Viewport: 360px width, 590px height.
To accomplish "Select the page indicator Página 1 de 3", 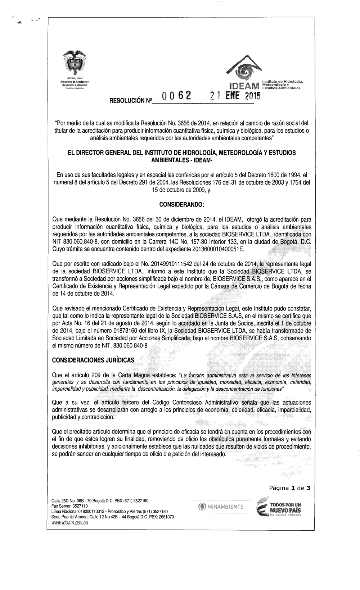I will click(x=289, y=488).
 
